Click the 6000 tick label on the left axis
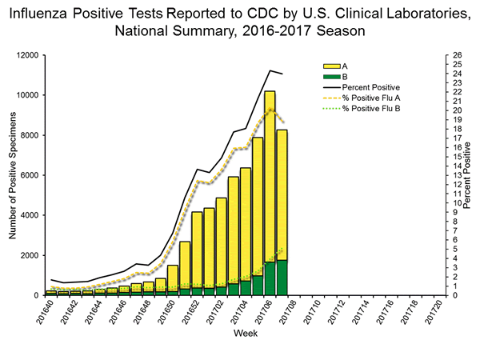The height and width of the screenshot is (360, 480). point(29,175)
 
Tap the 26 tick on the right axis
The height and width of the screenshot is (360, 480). point(455,55)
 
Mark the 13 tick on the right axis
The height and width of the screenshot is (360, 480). point(455,175)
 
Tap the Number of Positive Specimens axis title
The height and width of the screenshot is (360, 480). point(13,175)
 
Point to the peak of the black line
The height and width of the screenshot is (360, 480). point(270,70)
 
